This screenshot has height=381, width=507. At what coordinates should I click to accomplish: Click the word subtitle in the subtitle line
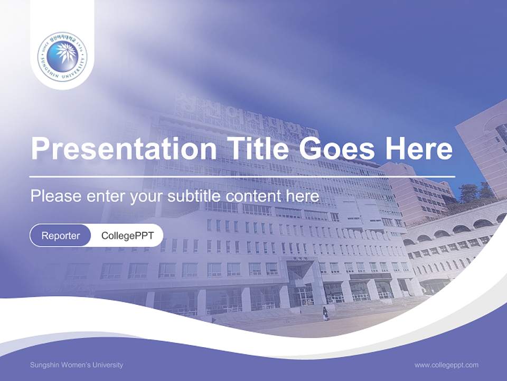[195, 196]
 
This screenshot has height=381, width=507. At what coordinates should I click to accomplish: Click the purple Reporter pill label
[61, 235]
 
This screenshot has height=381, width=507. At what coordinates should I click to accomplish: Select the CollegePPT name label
[127, 235]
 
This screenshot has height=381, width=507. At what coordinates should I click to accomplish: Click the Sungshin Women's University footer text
[77, 365]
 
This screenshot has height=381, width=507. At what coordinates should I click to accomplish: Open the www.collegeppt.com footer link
[446, 365]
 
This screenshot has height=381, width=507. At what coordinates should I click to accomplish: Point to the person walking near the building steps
[326, 314]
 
